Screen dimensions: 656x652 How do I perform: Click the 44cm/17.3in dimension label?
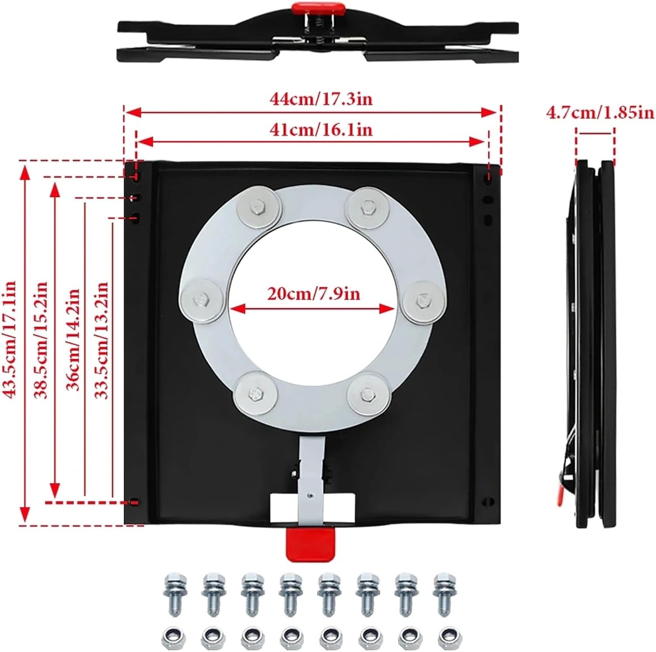(x=321, y=99)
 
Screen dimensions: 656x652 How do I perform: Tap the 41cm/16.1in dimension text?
(x=321, y=130)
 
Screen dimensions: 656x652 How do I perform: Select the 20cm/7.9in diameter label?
(x=314, y=293)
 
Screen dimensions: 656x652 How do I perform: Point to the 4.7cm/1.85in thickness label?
(x=600, y=112)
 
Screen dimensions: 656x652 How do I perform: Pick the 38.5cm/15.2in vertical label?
(x=41, y=340)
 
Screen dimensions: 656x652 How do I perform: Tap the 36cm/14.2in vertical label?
(x=73, y=340)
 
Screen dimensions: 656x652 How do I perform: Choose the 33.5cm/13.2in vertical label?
(x=101, y=340)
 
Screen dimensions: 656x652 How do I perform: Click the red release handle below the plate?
(x=309, y=544)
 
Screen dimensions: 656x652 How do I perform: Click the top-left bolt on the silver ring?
(x=258, y=207)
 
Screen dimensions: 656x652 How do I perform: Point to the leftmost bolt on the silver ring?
(x=202, y=301)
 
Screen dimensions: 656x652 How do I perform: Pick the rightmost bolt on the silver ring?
(x=423, y=301)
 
